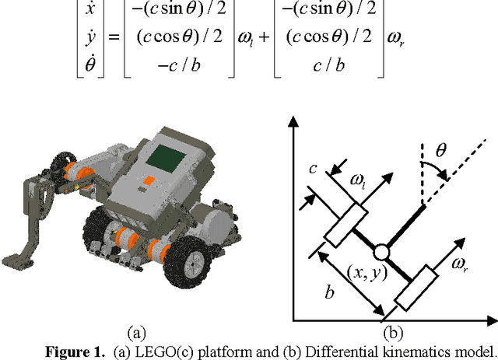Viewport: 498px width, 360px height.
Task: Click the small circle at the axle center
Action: (x=381, y=253)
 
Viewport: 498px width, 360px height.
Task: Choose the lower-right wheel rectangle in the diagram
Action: (x=417, y=285)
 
